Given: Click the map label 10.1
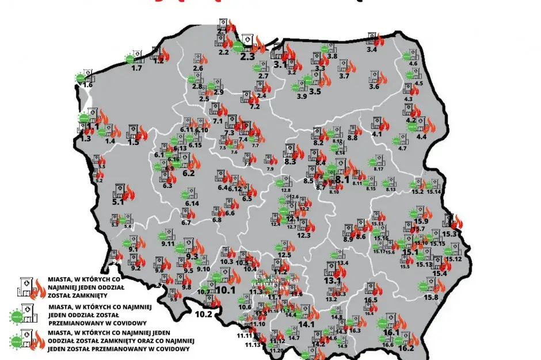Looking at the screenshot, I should pos(226,290).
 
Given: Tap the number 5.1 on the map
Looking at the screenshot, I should pos(118,202).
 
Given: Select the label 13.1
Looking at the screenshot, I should pos(332,281).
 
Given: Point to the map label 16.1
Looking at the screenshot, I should pos(391,332).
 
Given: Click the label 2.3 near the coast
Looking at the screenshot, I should pos(247,56).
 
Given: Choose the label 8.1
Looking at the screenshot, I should pos(343,179).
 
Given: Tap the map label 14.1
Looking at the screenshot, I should pos(307,324).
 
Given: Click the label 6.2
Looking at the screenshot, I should pos(188,173).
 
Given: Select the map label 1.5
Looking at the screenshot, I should pos(133,142).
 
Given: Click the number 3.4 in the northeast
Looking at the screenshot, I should pos(372,50).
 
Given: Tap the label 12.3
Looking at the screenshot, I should pos(304,235).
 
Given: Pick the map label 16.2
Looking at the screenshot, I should pos(406,348).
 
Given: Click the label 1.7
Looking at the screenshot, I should pos(137,68).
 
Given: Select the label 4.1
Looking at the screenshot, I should pos(378,134).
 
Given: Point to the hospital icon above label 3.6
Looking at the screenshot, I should pos(374,76).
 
